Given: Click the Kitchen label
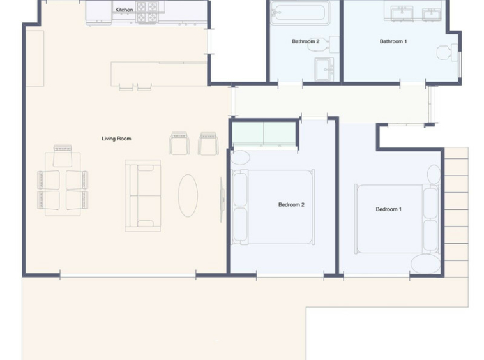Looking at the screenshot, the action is click(x=124, y=10).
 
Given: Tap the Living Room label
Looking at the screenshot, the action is click(x=116, y=139).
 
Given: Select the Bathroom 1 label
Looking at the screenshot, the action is click(x=393, y=41).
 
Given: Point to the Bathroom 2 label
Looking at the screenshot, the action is click(x=306, y=41).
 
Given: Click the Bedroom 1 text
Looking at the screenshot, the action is click(x=389, y=209).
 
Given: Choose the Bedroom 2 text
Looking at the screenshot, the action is click(x=291, y=204).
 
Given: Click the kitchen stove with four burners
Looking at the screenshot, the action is click(x=147, y=12).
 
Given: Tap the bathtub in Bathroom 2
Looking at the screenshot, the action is click(x=300, y=13).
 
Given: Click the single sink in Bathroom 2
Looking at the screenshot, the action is click(x=324, y=70).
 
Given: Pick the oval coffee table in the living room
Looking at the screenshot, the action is click(x=188, y=195).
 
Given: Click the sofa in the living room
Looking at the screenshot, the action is click(x=142, y=195).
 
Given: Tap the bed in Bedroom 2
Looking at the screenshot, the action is click(x=273, y=207).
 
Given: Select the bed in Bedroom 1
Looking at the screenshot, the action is click(x=397, y=219).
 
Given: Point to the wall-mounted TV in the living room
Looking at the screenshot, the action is click(x=222, y=199).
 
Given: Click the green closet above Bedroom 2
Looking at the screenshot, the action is click(x=264, y=133).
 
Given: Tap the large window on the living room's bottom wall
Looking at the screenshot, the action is click(x=128, y=275).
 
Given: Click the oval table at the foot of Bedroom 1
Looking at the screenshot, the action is click(x=426, y=264).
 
